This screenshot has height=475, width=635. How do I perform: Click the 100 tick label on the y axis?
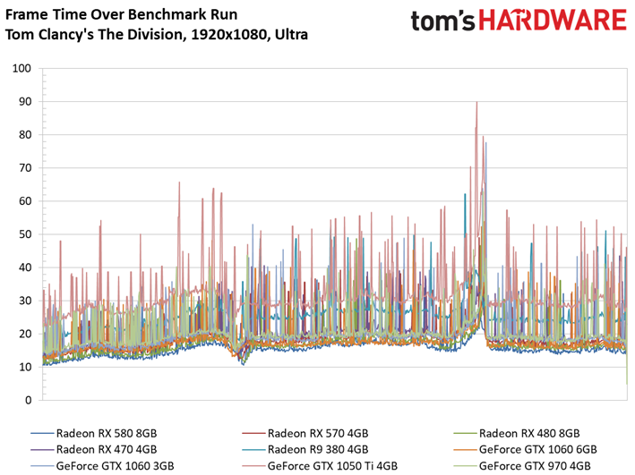[21, 68]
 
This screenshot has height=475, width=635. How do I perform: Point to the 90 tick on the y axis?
[25, 102]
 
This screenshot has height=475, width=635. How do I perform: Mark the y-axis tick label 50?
[25, 234]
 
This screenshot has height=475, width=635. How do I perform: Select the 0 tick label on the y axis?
[28, 400]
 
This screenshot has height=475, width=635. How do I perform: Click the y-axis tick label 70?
[25, 168]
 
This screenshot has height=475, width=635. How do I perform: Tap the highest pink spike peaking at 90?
[476, 103]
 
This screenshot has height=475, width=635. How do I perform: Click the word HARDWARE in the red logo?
[553, 21]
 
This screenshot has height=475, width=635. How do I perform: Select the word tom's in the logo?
[442, 21]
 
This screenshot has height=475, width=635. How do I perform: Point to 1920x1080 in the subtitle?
[228, 35]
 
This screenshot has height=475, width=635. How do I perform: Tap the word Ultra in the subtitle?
[292, 35]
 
